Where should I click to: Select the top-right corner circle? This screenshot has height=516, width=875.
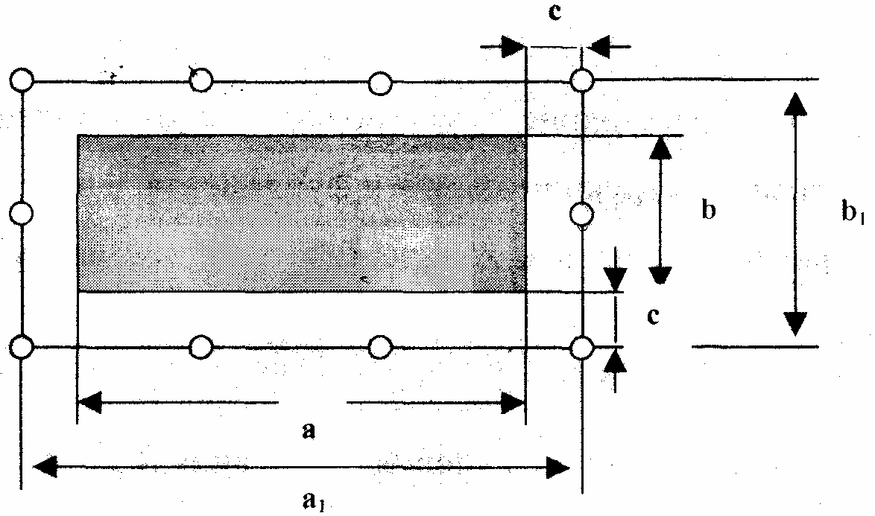pyautogui.click(x=582, y=79)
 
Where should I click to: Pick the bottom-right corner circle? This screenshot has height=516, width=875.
pyautogui.click(x=582, y=347)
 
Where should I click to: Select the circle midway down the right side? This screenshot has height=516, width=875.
pyautogui.click(x=582, y=214)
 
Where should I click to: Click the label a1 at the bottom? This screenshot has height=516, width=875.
pyautogui.click(x=313, y=502)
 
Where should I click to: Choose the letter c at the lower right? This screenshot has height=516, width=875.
pyautogui.click(x=652, y=316)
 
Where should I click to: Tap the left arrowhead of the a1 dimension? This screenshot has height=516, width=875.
pyautogui.click(x=45, y=468)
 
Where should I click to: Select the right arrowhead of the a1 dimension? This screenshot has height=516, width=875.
pyautogui.click(x=558, y=468)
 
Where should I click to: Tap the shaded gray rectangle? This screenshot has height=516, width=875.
pyautogui.click(x=302, y=213)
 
